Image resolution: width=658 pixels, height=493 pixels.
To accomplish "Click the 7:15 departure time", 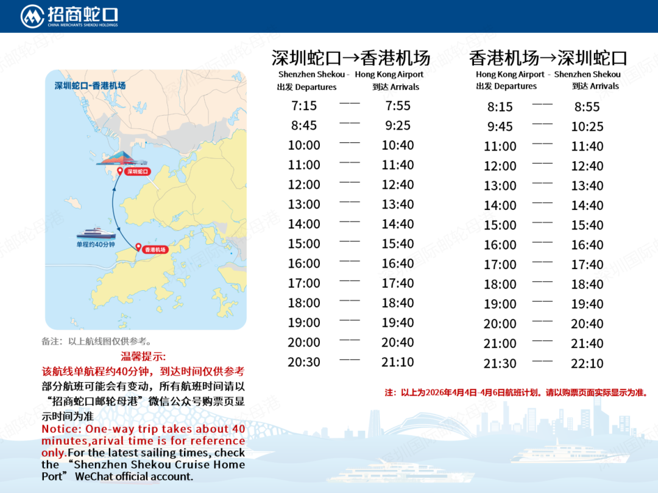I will (304, 106).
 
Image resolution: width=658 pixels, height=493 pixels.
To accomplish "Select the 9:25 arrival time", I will (398, 125).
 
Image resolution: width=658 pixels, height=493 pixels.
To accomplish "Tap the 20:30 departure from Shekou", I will (304, 362).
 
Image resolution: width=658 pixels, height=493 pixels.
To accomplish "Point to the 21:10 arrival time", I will (398, 362).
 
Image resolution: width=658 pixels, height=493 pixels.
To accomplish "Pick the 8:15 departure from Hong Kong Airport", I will (500, 107).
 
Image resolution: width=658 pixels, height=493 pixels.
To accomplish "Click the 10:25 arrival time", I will (587, 127).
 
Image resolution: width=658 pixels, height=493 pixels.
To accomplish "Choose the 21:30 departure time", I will (500, 363).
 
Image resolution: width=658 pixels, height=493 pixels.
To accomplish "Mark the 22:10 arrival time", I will (587, 363).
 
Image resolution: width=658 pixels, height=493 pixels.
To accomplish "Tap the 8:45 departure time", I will (304, 125).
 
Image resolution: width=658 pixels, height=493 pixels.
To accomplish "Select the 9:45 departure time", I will (500, 127).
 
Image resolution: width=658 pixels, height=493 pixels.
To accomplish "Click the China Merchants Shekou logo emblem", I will (32, 16).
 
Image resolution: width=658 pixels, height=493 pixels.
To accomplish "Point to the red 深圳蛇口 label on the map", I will (137, 172).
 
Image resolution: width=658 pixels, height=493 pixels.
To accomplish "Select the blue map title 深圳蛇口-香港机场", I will (90, 86).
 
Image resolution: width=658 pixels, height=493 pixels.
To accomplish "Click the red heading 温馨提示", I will (143, 357).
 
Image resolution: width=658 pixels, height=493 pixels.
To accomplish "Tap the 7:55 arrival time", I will (398, 106).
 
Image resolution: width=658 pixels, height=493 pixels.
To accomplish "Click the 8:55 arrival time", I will (587, 107).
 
